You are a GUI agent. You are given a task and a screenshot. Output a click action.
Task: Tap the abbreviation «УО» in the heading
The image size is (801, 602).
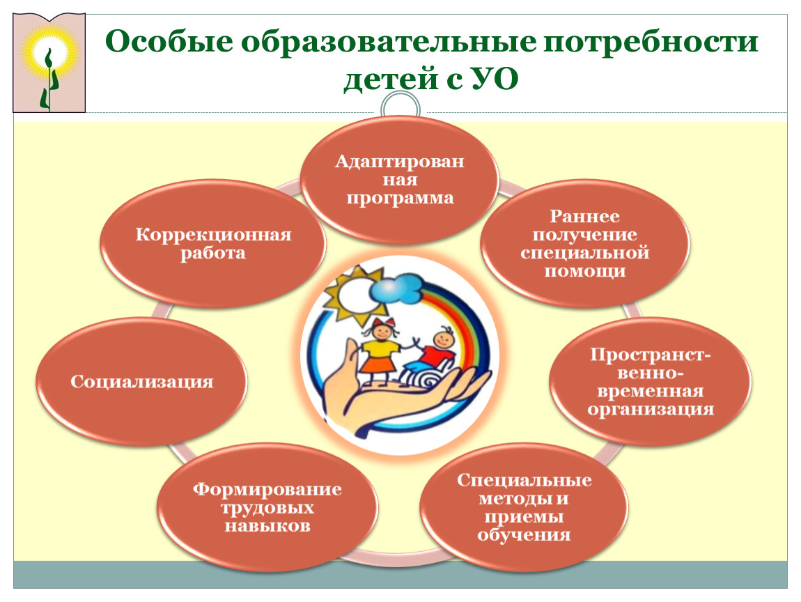[495, 79]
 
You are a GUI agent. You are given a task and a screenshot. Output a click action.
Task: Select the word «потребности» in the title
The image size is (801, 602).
[651, 43]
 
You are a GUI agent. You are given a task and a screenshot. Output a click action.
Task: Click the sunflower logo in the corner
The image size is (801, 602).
[49, 63]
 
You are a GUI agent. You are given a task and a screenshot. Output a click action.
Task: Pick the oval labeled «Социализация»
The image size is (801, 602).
[141, 381]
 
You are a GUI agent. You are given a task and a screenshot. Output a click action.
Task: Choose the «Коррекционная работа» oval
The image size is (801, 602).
[213, 243]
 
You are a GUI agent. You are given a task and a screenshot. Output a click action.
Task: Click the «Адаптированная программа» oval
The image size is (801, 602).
[400, 179]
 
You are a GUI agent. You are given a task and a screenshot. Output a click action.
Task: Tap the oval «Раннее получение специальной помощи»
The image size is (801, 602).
[585, 243]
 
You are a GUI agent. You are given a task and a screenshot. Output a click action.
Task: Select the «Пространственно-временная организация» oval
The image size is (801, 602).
[651, 381]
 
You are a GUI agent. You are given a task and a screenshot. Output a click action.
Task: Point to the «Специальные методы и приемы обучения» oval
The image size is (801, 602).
[524, 507]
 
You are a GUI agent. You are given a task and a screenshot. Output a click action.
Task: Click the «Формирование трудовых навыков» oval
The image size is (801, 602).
[267, 507]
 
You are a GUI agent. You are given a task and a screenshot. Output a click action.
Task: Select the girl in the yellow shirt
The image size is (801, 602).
[380, 352]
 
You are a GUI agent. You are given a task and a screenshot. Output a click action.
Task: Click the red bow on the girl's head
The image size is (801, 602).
[384, 323]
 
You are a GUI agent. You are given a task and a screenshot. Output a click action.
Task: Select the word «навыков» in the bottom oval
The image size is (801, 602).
[267, 526]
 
